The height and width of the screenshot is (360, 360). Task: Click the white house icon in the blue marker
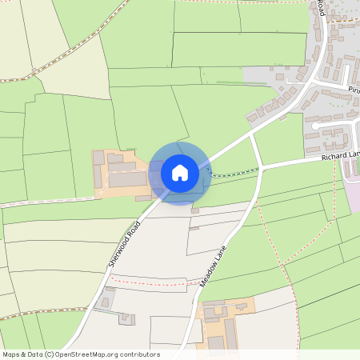click(x=180, y=172)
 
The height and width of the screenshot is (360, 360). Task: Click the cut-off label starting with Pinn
click(x=353, y=90)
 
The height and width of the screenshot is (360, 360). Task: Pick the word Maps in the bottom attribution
click(x=11, y=354)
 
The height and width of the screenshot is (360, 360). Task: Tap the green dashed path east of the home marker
click(x=236, y=173)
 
